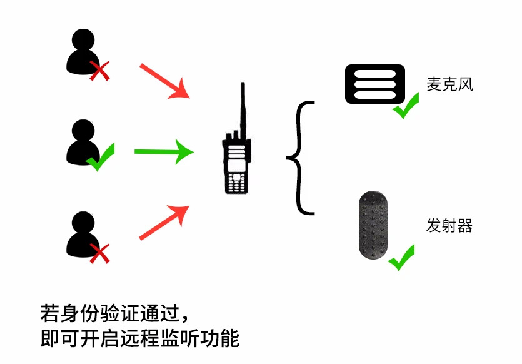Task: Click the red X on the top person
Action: click(99, 71)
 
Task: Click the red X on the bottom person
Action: click(99, 253)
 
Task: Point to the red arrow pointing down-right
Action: click(164, 81)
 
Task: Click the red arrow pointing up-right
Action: click(164, 223)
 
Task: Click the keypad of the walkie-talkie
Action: click(236, 182)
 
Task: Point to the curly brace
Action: click(303, 158)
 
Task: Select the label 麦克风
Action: click(449, 84)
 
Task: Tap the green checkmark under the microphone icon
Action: click(406, 106)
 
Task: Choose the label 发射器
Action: click(449, 226)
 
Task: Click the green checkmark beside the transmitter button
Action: click(402, 257)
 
